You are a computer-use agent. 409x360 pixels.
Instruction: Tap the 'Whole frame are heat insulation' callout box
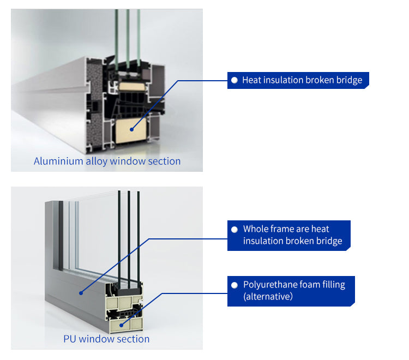coord(288,235)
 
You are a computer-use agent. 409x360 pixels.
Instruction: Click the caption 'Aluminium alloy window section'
coord(107,161)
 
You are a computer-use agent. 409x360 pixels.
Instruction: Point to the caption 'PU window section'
coord(106,339)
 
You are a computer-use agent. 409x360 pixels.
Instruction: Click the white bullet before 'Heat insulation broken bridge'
coord(234,80)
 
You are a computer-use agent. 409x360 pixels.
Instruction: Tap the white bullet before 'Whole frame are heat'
coord(235,229)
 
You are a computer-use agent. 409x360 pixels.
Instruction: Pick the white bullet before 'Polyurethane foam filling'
coord(235,285)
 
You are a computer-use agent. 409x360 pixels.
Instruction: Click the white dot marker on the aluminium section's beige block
coord(131,129)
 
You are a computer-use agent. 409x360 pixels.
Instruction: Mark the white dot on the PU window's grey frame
coord(81,293)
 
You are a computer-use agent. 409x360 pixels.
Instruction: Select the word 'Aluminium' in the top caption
coord(57,161)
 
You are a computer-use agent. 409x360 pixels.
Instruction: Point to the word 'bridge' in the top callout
coord(348,80)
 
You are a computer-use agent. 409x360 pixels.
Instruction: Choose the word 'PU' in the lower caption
coord(70,339)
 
